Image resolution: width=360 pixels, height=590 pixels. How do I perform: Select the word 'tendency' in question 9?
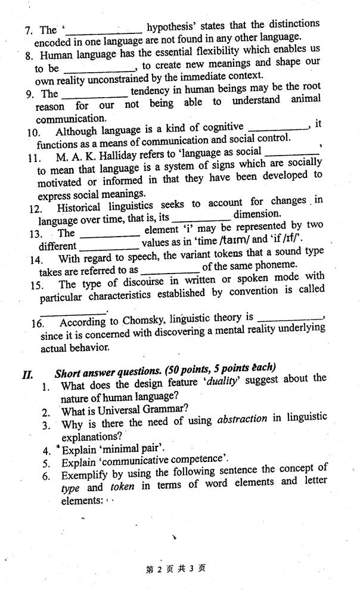click(x=153, y=91)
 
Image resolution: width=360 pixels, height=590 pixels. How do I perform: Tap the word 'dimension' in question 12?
click(x=256, y=214)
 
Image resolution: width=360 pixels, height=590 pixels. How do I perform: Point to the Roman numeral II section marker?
click(x=27, y=374)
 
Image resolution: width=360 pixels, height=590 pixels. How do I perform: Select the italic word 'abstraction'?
click(x=242, y=419)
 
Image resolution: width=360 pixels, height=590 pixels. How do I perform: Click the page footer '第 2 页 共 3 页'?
click(x=175, y=569)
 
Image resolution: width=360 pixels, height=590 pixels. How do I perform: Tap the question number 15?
click(x=37, y=285)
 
